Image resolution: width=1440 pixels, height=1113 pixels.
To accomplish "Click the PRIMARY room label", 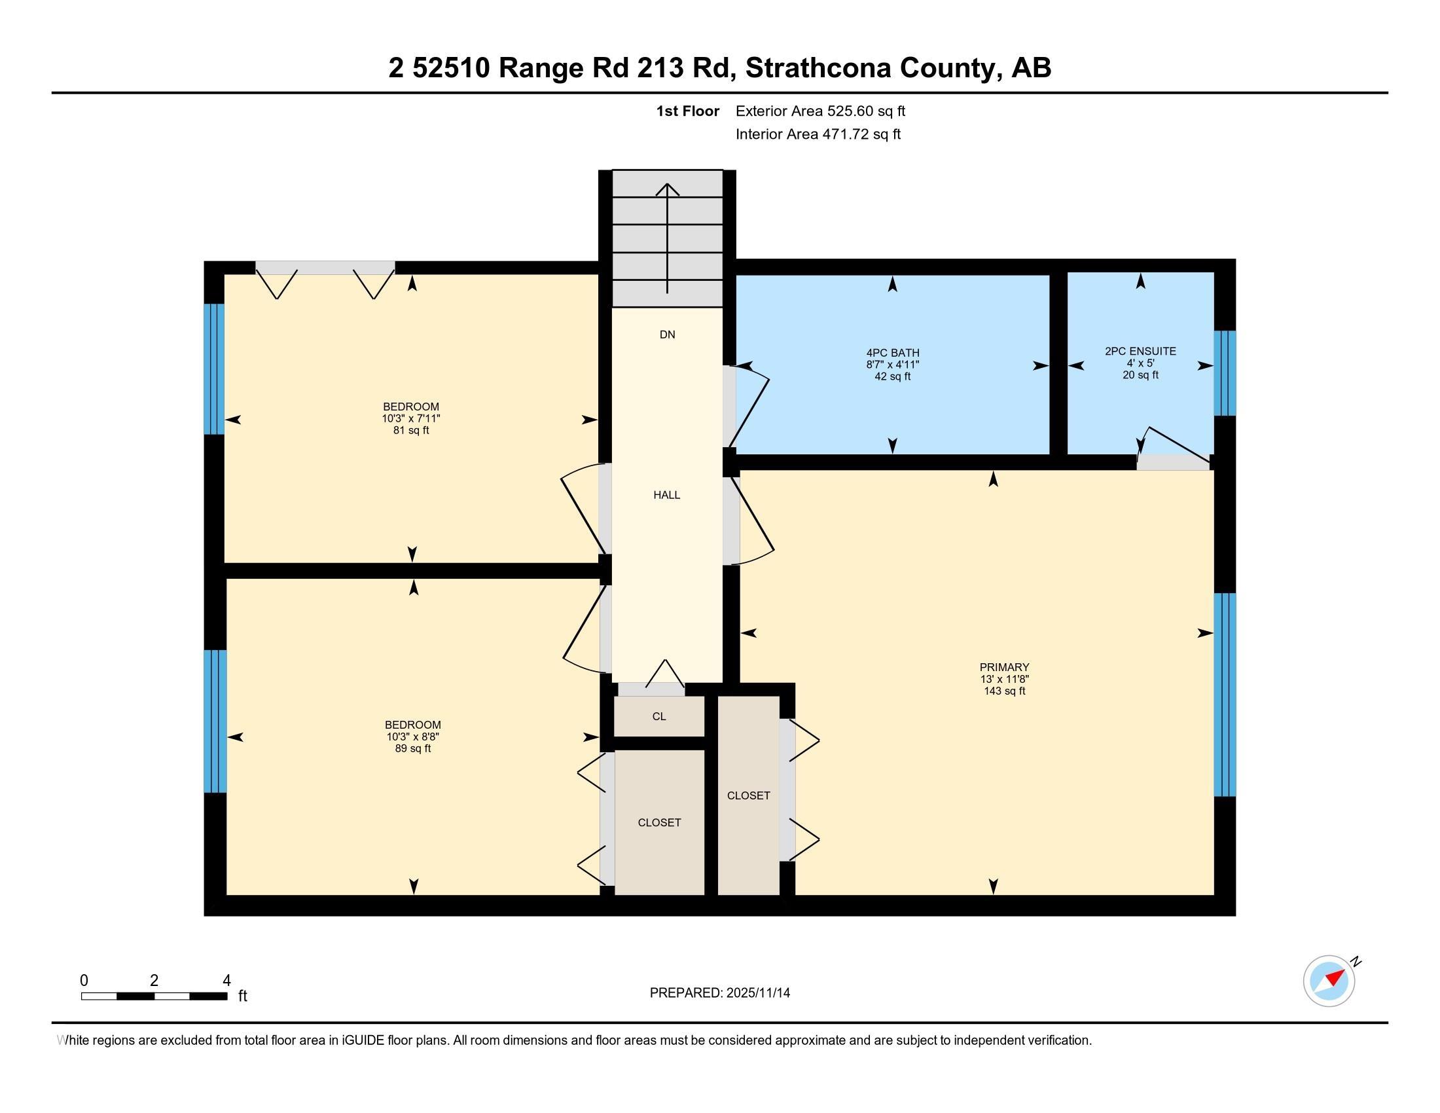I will click(x=1003, y=666).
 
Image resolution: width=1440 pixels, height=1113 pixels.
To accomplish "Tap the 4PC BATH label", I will click(x=892, y=353).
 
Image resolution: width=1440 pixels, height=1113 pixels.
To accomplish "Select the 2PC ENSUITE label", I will click(x=1140, y=352).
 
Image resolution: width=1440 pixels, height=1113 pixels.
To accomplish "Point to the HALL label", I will click(x=666, y=495).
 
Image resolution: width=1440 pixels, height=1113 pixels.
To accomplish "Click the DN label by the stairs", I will click(x=667, y=335).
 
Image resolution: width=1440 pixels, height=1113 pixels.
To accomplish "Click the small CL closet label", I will click(x=658, y=717).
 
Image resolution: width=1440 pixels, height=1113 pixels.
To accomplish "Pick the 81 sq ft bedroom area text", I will click(x=411, y=431).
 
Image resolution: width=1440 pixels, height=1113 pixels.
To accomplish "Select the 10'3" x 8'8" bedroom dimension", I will click(x=413, y=737).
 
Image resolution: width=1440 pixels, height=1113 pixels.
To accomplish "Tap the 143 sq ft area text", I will click(x=1004, y=691).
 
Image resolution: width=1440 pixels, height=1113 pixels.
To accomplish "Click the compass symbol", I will click(x=1329, y=981).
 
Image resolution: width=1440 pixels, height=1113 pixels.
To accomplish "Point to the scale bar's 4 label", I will click(x=226, y=981).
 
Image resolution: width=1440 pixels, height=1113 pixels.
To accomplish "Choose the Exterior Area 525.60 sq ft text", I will click(x=820, y=111).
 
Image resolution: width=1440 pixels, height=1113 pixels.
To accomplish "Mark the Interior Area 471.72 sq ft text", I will click(x=818, y=134).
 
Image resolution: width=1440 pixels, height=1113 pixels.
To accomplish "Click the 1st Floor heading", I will click(x=687, y=111).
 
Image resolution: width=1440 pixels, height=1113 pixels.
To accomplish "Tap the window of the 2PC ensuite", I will click(x=1225, y=373).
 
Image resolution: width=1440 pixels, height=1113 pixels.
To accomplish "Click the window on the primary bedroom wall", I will click(x=1225, y=695).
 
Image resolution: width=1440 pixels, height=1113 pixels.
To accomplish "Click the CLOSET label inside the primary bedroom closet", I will click(x=748, y=796).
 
